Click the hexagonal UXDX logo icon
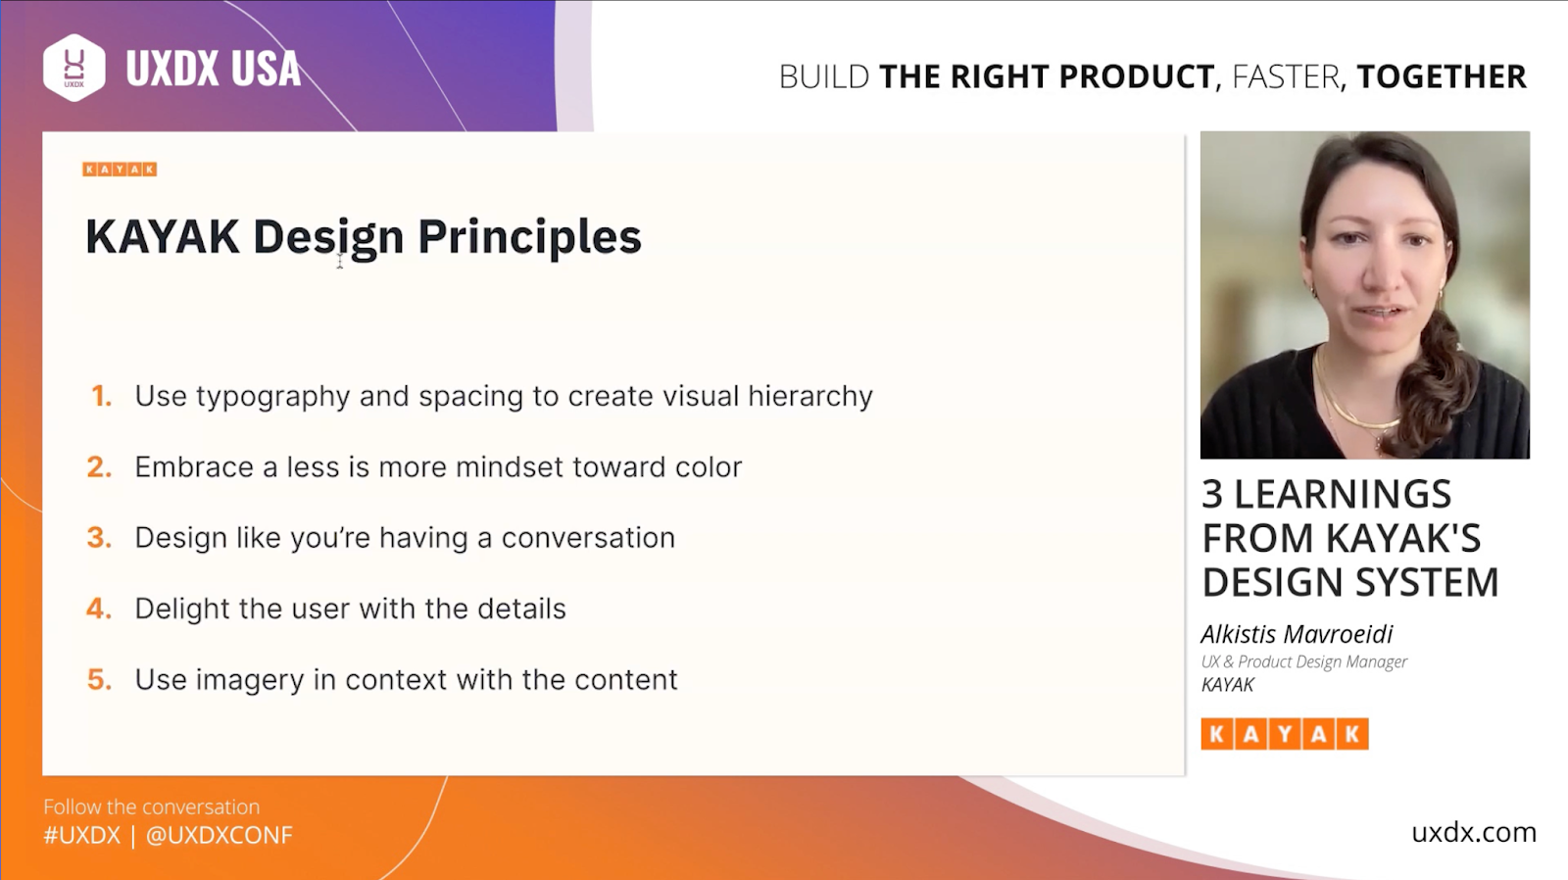(x=74, y=68)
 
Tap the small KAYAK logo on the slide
(x=120, y=170)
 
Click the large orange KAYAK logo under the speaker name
(x=1285, y=734)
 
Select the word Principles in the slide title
(x=529, y=236)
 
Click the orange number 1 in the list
(x=102, y=396)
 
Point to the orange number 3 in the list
(x=99, y=538)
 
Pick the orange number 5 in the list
(x=99, y=679)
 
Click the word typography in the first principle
(x=273, y=398)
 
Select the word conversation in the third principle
(x=588, y=538)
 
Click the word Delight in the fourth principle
(x=182, y=610)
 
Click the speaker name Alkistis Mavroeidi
(x=1298, y=634)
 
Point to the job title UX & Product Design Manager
(x=1304, y=661)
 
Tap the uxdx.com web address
(x=1474, y=832)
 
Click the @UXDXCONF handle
(x=220, y=835)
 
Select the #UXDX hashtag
(x=82, y=835)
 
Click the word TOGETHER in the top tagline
(x=1442, y=76)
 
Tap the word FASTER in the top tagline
(x=1285, y=76)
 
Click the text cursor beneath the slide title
(x=339, y=261)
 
